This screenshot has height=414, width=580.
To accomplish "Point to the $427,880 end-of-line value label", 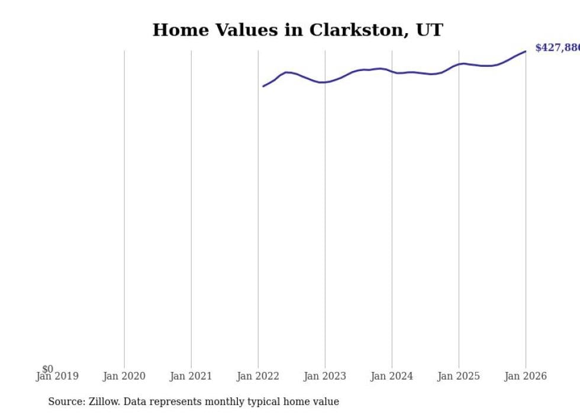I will tap(557, 48).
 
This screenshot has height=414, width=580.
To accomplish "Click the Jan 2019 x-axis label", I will tap(57, 376).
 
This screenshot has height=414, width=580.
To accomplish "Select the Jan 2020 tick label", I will tap(124, 376).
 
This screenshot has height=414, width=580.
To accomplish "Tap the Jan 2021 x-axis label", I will tap(191, 376).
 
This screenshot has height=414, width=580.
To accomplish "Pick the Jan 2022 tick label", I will tap(258, 376).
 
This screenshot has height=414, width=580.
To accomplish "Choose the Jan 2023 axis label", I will tap(325, 376).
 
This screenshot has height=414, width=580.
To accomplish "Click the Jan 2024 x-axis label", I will tap(392, 376).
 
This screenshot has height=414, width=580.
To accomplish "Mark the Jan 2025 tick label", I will tap(459, 376).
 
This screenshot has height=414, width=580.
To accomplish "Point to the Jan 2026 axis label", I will tap(526, 376).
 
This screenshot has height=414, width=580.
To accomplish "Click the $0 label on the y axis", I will tap(47, 370).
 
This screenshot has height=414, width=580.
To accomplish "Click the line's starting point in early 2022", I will tap(263, 86).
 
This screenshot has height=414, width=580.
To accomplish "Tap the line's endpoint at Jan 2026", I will tap(526, 52).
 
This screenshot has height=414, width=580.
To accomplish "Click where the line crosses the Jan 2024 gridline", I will tap(392, 72).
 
